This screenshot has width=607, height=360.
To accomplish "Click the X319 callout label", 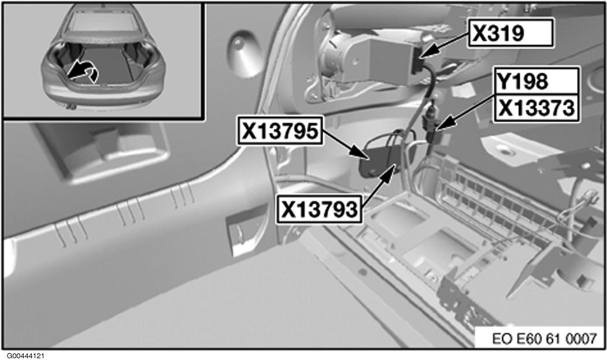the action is click(x=510, y=34).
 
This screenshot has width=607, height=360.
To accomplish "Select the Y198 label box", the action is click(x=536, y=81).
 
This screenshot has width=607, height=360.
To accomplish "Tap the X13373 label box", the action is click(x=536, y=109).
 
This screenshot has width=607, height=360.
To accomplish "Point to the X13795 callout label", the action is click(x=280, y=131).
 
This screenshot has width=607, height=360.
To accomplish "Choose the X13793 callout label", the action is click(x=319, y=209).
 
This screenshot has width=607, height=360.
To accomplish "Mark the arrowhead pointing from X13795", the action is click(x=360, y=153).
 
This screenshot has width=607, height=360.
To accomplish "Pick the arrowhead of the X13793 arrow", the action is click(x=390, y=173).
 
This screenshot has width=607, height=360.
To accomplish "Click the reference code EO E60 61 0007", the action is click(x=545, y=339).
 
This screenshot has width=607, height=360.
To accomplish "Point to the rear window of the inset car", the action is click(x=102, y=20).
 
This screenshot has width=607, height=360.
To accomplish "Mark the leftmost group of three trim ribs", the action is click(x=71, y=232).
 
